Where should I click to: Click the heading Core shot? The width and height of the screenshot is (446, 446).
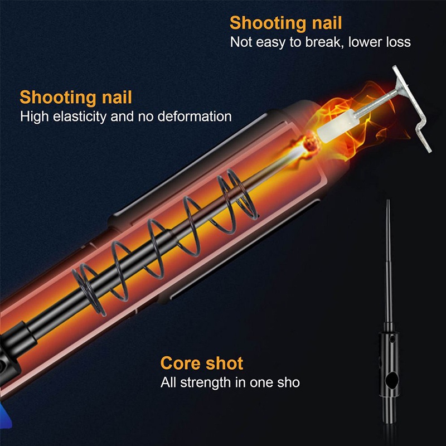coord(202,363)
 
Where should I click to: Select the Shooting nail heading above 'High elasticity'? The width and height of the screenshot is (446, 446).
coord(76,97)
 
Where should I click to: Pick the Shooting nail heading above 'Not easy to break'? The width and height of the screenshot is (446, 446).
coord(286,23)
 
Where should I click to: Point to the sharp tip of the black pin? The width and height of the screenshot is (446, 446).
coord(389,202)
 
